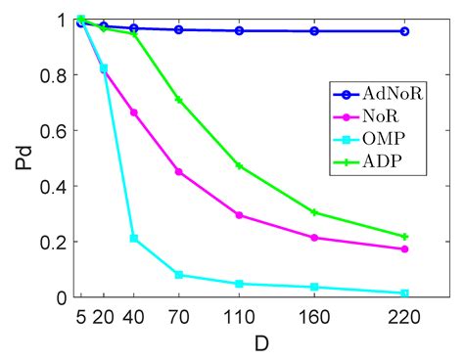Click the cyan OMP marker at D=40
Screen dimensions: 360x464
(x=134, y=239)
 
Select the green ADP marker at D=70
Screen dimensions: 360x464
(x=178, y=100)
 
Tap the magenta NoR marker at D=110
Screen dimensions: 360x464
(x=239, y=215)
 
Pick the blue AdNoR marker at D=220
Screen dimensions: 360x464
(x=404, y=31)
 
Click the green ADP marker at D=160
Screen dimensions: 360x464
(x=314, y=212)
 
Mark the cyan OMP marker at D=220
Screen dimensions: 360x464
(x=404, y=293)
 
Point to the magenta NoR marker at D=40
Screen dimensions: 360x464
(x=134, y=112)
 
